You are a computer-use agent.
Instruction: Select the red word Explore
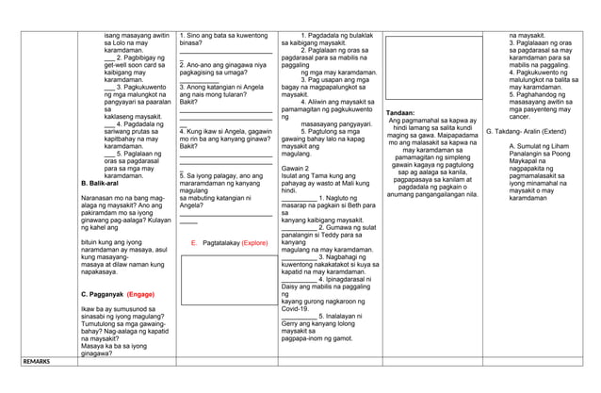(x=254, y=242)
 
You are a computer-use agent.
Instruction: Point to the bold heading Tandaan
(x=402, y=112)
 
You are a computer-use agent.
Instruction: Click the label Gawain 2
(x=296, y=167)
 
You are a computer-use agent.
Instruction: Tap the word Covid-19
(x=295, y=307)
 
